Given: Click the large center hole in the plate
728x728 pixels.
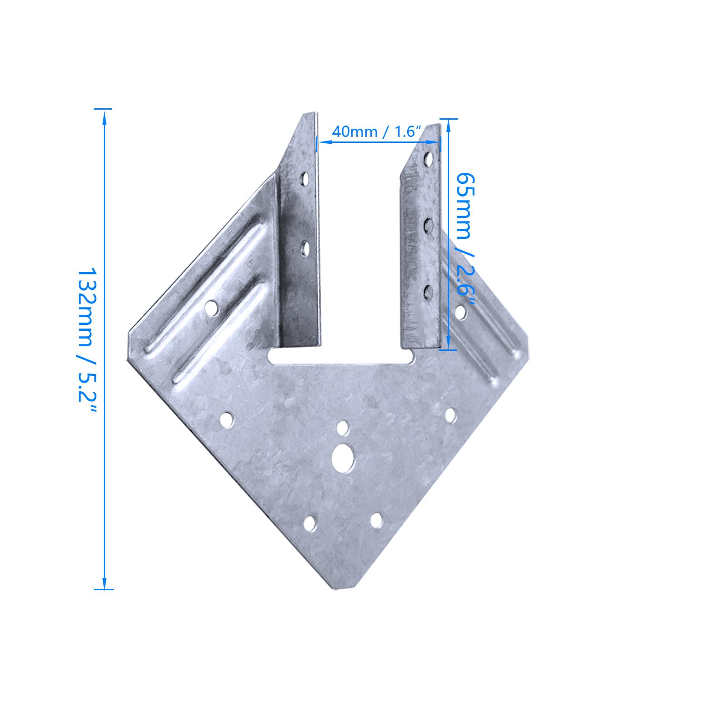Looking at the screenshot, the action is coord(344,458).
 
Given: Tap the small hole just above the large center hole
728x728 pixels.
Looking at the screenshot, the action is coord(343,428).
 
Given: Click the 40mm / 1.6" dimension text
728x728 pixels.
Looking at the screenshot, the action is coord(374,132).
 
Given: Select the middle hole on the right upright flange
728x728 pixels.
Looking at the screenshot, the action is coord(428,225).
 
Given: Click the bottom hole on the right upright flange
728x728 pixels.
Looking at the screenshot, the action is coord(428,292).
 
